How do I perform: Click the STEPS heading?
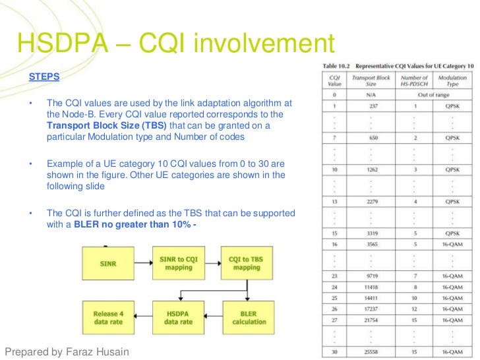(x=44, y=76)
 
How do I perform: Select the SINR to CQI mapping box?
(x=179, y=263)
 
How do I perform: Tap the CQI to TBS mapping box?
(x=249, y=263)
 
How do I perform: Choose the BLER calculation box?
(x=249, y=318)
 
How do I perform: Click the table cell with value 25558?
(x=373, y=351)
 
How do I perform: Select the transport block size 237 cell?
(x=373, y=106)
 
